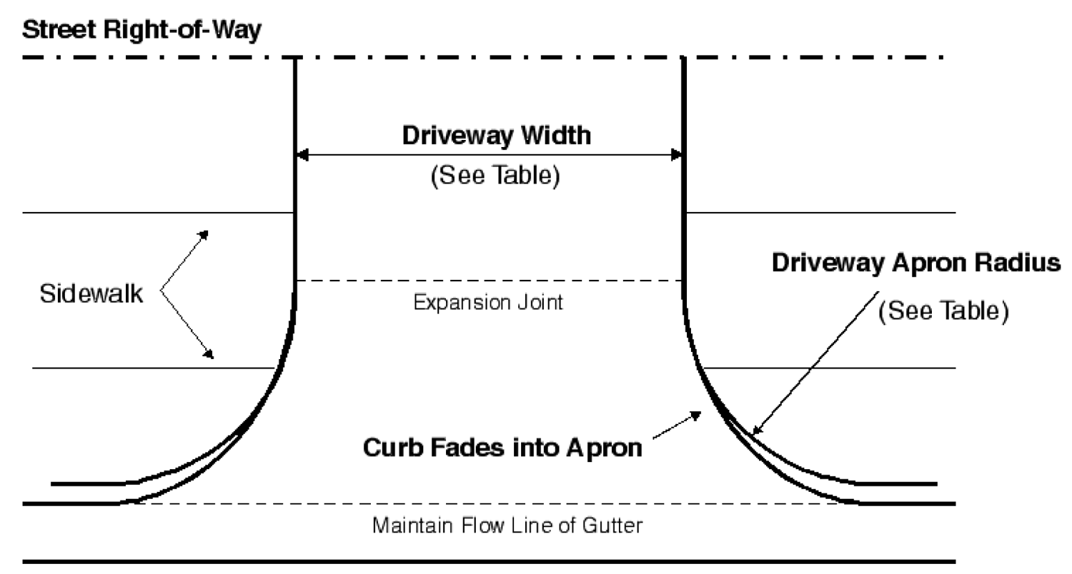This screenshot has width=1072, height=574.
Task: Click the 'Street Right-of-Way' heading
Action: (142, 31)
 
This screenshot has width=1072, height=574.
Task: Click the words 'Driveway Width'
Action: (497, 136)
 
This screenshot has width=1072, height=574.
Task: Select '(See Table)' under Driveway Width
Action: (494, 176)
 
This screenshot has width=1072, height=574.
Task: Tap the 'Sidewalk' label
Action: (91, 294)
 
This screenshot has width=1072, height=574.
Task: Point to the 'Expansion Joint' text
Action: (488, 303)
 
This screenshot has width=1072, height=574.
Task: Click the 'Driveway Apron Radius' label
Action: (915, 263)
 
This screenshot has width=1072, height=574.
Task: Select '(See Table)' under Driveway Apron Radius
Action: (943, 312)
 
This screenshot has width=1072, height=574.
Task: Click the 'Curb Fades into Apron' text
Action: (502, 448)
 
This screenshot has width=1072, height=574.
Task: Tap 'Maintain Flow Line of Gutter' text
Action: (507, 527)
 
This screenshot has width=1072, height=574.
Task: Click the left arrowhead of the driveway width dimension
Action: (302, 154)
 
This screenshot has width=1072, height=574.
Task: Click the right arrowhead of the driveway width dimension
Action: (676, 154)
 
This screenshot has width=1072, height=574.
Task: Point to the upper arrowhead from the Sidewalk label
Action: (204, 233)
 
